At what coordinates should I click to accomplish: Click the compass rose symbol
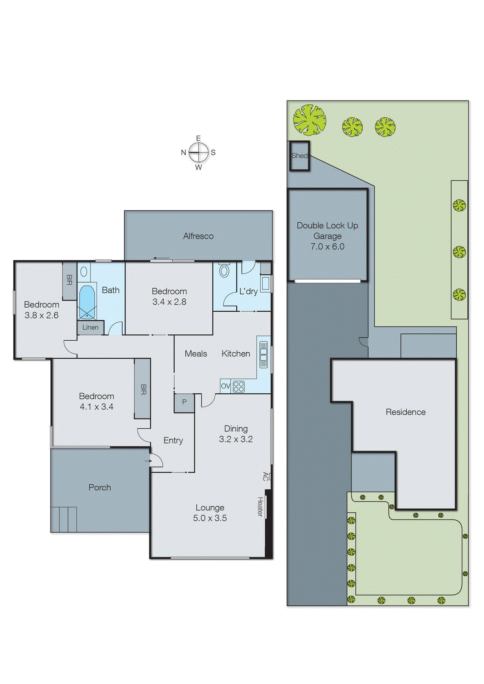[x=198, y=152]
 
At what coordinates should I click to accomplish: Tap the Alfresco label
[x=198, y=236]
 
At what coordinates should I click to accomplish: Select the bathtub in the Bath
[x=87, y=302]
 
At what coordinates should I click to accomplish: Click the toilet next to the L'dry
[x=224, y=270]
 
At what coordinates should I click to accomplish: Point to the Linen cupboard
[x=91, y=327]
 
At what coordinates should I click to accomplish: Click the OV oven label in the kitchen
[x=225, y=386]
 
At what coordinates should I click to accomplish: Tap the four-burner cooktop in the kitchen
[x=239, y=386]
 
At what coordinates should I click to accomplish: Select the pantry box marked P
[x=184, y=402]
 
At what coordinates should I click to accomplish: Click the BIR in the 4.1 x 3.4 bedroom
[x=143, y=389]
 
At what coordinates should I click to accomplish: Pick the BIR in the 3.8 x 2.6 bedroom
[x=70, y=280]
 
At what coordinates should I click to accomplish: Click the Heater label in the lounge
[x=260, y=506]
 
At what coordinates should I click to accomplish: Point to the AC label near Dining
[x=266, y=476]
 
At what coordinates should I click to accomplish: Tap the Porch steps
[x=64, y=519]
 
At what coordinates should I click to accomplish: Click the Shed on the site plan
[x=299, y=156]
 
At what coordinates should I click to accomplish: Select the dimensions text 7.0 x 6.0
[x=327, y=247]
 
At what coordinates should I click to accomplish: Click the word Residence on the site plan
[x=405, y=412]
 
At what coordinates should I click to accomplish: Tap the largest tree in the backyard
[x=310, y=120]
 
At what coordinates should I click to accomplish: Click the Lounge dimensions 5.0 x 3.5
[x=210, y=518]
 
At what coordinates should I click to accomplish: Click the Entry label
[x=173, y=440]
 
